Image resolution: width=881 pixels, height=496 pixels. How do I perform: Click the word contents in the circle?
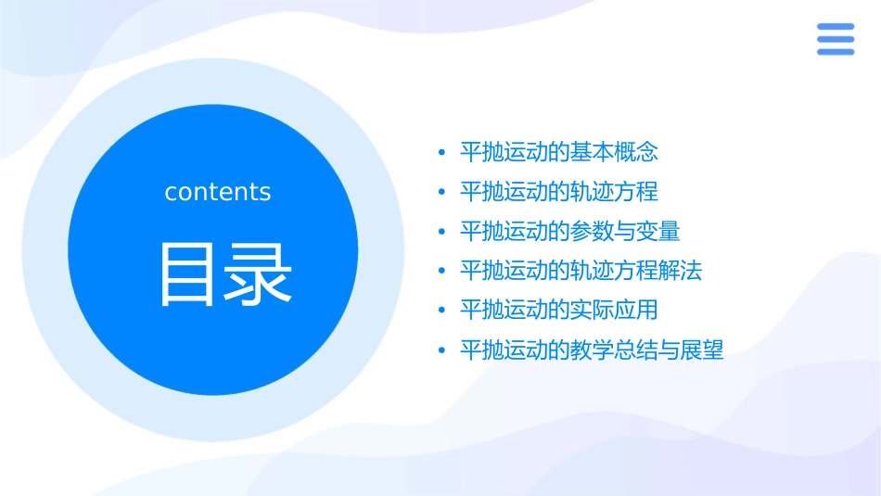tap(218, 192)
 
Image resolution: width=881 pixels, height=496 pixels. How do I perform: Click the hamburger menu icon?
tap(835, 39)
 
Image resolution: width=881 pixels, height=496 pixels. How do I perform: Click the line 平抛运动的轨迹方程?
tap(558, 192)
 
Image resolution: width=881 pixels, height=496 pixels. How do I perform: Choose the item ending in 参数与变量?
tap(569, 231)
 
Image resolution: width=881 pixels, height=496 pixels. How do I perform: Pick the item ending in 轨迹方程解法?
tap(581, 271)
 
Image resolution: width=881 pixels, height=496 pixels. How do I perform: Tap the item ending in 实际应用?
tap(558, 310)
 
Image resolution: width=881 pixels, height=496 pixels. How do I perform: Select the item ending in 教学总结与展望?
tap(592, 350)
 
